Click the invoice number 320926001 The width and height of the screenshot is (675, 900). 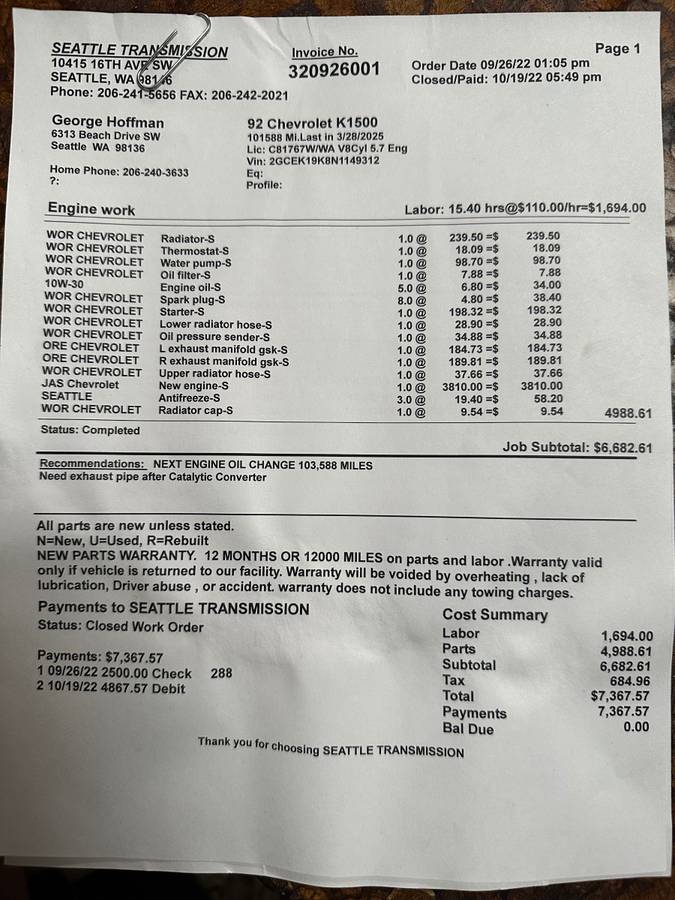(x=334, y=70)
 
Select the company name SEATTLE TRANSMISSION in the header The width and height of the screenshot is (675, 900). (x=139, y=50)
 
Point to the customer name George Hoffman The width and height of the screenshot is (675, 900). (x=108, y=122)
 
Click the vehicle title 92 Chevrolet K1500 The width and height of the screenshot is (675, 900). (x=313, y=123)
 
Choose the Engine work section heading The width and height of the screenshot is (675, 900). (x=91, y=210)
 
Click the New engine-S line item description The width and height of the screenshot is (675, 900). (x=193, y=386)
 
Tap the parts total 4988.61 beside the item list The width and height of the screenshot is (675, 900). (x=628, y=413)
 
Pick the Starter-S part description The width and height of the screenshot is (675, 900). (x=185, y=311)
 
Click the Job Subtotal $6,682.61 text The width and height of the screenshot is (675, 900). (x=577, y=448)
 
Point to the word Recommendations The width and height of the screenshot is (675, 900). (x=91, y=465)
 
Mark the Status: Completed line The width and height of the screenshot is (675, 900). (x=90, y=430)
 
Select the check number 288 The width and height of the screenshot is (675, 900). (x=221, y=674)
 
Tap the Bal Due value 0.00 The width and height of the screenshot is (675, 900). (x=635, y=727)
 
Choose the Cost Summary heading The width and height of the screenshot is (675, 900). (x=495, y=615)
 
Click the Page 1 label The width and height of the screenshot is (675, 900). (x=617, y=48)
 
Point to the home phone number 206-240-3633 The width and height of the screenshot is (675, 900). (x=155, y=172)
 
